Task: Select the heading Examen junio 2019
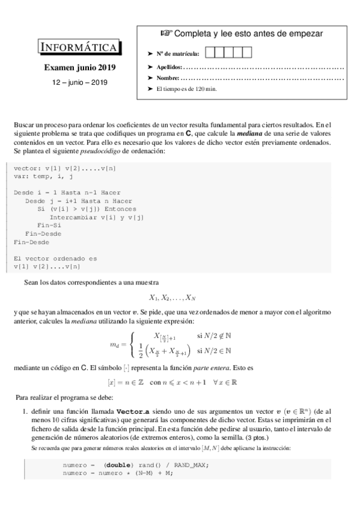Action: click(80, 68)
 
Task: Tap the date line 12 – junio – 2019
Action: click(80, 81)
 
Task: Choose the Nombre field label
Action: click(167, 78)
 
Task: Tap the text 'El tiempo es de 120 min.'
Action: click(186, 89)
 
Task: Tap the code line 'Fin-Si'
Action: click(48, 226)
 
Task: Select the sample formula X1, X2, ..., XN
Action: click(172, 296)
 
